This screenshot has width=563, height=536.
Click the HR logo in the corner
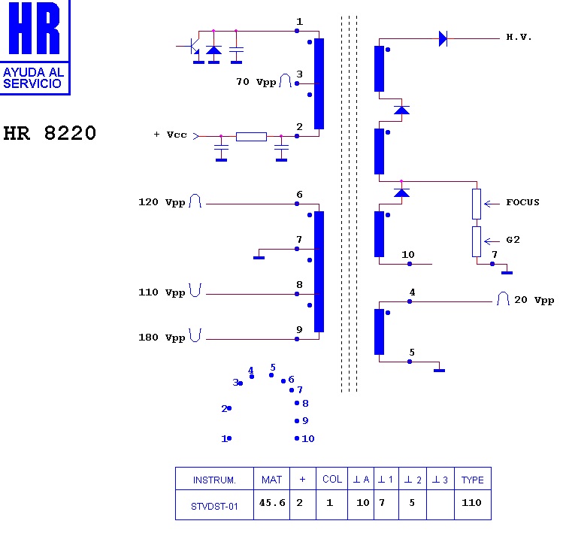pyautogui.click(x=35, y=47)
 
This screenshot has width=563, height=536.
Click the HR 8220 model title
pyautogui.click(x=50, y=133)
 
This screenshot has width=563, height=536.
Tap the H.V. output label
pyautogui.click(x=519, y=37)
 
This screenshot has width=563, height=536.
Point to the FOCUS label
pyautogui.click(x=522, y=202)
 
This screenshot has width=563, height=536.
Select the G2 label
pyautogui.click(x=513, y=240)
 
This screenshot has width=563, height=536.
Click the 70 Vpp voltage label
pyautogui.click(x=256, y=81)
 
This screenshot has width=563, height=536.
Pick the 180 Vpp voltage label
pyautogui.click(x=162, y=338)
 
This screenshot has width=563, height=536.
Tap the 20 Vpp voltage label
pyautogui.click(x=534, y=300)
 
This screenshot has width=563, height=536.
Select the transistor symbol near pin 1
pyautogui.click(x=192, y=47)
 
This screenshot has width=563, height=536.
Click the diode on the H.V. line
pyautogui.click(x=443, y=38)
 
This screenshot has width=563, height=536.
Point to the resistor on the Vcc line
pyautogui.click(x=251, y=136)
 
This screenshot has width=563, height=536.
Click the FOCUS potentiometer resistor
pyautogui.click(x=477, y=203)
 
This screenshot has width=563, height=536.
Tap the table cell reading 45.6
pyautogui.click(x=272, y=503)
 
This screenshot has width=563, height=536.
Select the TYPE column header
pyautogui.click(x=473, y=480)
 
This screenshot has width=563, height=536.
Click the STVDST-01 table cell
pyautogui.click(x=215, y=506)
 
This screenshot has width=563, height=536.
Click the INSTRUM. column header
pyautogui.click(x=215, y=480)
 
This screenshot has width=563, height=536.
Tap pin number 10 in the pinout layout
pyautogui.click(x=307, y=438)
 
